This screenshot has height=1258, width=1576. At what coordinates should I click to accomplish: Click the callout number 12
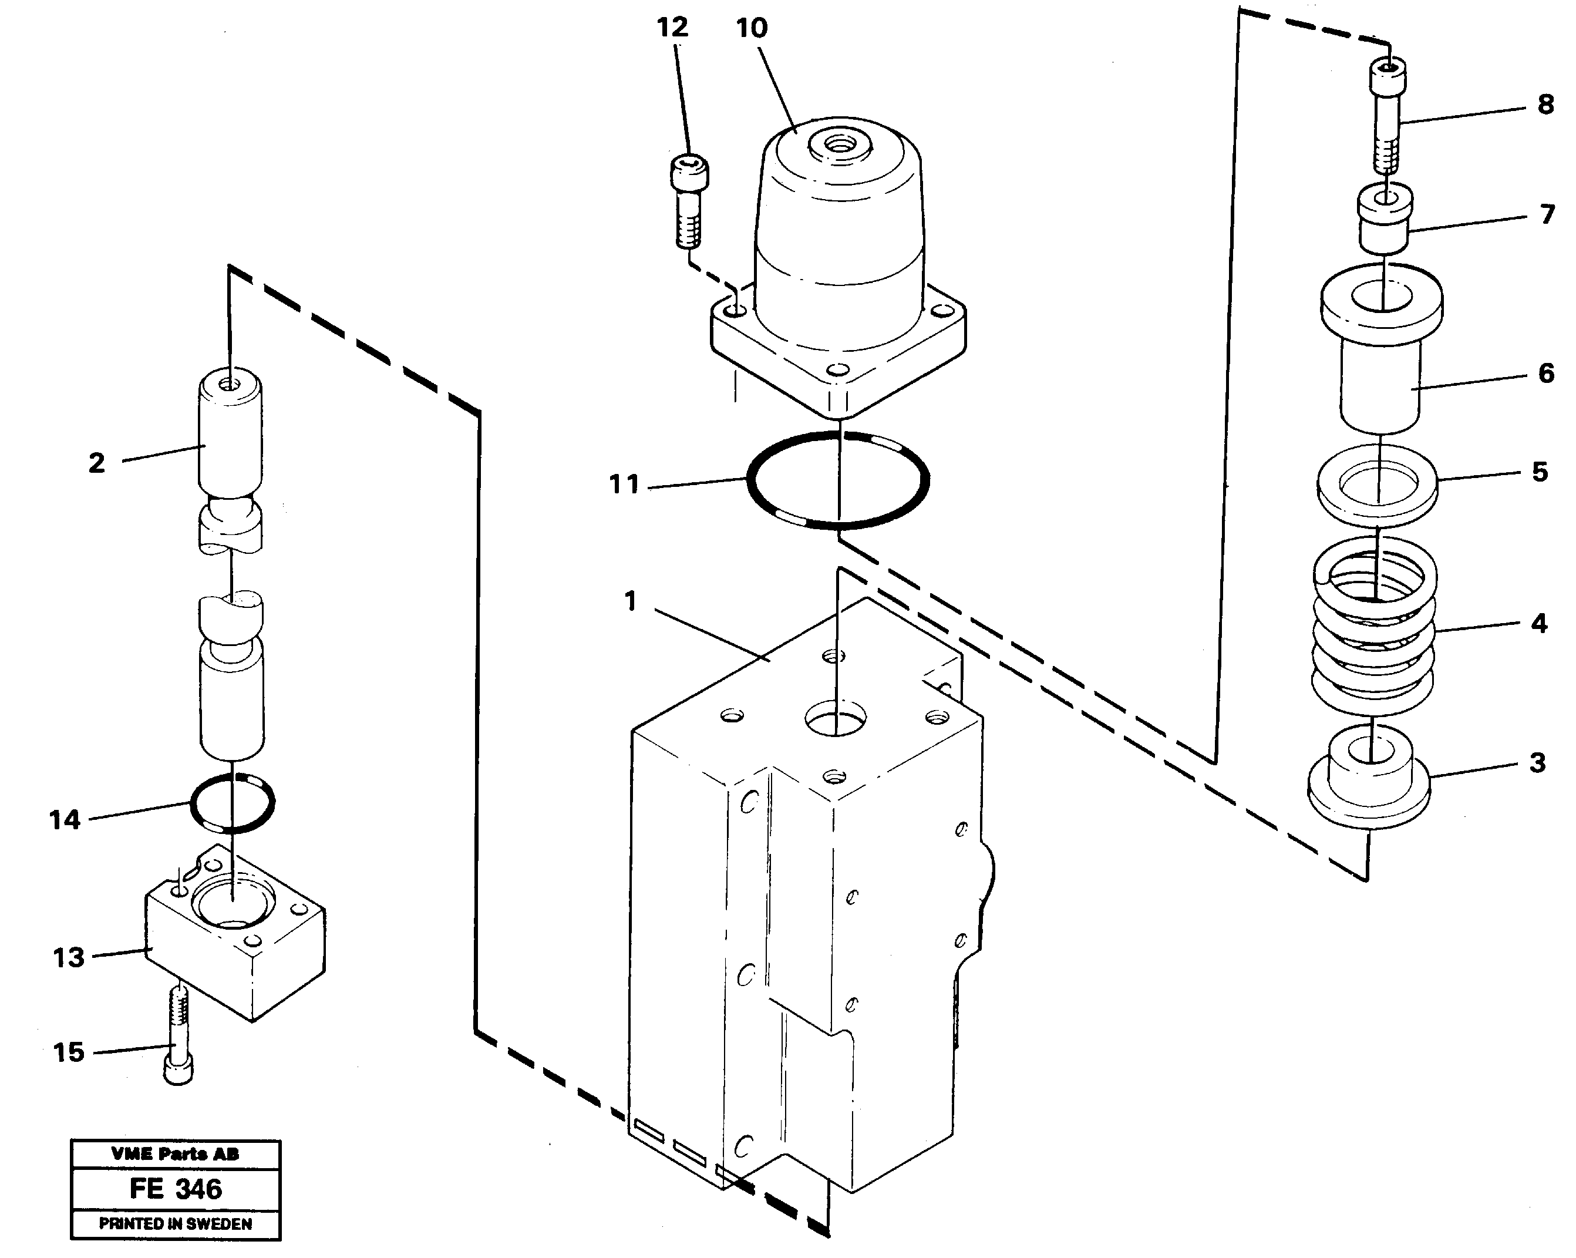pyautogui.click(x=672, y=28)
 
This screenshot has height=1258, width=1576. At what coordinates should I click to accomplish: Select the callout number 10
pyautogui.click(x=752, y=29)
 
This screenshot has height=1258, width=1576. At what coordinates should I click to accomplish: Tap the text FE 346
pyautogui.click(x=176, y=1189)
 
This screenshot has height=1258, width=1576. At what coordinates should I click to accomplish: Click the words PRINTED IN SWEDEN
pyautogui.click(x=176, y=1224)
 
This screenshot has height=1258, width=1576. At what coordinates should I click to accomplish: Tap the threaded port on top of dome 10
pyautogui.click(x=839, y=146)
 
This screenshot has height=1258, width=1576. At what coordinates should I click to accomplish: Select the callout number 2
pyautogui.click(x=96, y=463)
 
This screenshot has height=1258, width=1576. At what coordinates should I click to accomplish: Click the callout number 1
pyautogui.click(x=630, y=601)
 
